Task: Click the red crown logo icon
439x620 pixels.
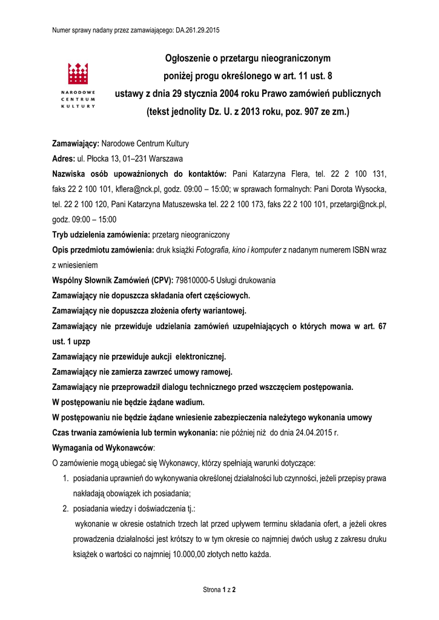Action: pyautogui.click(x=78, y=73)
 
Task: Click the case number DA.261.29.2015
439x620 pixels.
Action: pyautogui.click(x=197, y=29)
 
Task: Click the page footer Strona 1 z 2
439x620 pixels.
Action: pyautogui.click(x=219, y=589)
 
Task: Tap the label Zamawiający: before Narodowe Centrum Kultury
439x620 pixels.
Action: pyautogui.click(x=75, y=143)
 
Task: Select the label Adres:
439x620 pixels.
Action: pyautogui.click(x=63, y=159)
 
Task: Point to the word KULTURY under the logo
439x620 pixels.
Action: pyautogui.click(x=78, y=105)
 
